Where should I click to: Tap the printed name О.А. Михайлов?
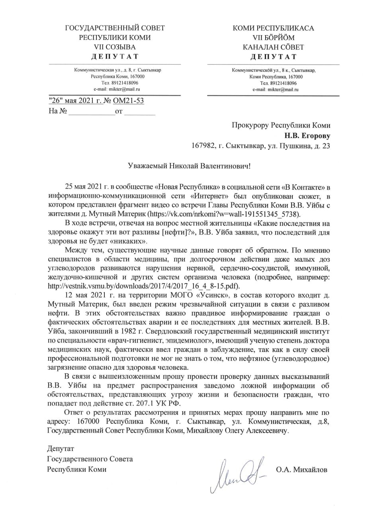[x=301, y=470]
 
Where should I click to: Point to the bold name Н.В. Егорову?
[x=307, y=135]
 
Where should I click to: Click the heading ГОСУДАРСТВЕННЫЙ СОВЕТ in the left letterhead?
[x=115, y=28]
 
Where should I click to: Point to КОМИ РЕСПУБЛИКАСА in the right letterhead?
[x=273, y=28]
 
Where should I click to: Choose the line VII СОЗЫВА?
[x=115, y=47]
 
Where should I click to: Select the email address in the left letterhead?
[x=117, y=89]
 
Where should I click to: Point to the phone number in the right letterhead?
[x=278, y=83]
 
